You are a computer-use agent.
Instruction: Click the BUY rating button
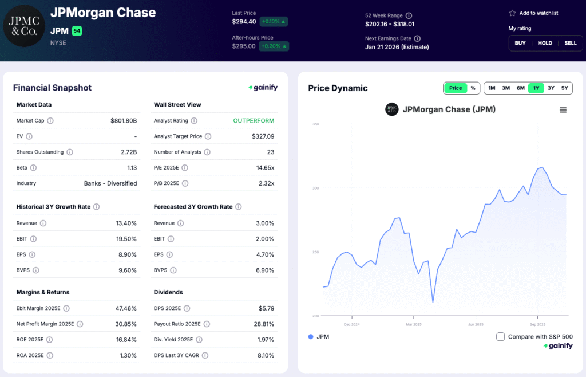click(520, 43)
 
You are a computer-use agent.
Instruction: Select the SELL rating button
click(570, 43)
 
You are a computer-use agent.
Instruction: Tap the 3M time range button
click(506, 88)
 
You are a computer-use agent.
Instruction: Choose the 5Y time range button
click(564, 88)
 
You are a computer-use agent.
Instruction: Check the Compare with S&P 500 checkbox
click(501, 337)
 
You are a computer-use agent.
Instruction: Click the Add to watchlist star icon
click(512, 13)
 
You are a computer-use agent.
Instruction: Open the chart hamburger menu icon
click(563, 110)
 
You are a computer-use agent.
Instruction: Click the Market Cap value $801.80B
click(124, 121)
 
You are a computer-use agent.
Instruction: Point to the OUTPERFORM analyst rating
click(254, 121)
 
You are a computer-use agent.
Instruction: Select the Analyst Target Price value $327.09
click(263, 136)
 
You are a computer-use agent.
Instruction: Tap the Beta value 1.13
click(132, 168)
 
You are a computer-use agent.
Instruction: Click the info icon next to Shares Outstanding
click(70, 152)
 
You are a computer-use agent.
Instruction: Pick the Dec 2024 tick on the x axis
click(351, 324)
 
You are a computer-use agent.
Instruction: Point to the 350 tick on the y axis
click(315, 124)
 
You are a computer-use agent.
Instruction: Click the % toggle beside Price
click(473, 88)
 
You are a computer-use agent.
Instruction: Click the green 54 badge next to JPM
click(77, 31)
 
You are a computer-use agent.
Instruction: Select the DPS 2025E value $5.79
click(266, 308)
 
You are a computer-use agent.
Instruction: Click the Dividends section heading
click(168, 292)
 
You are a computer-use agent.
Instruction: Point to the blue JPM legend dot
click(311, 337)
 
